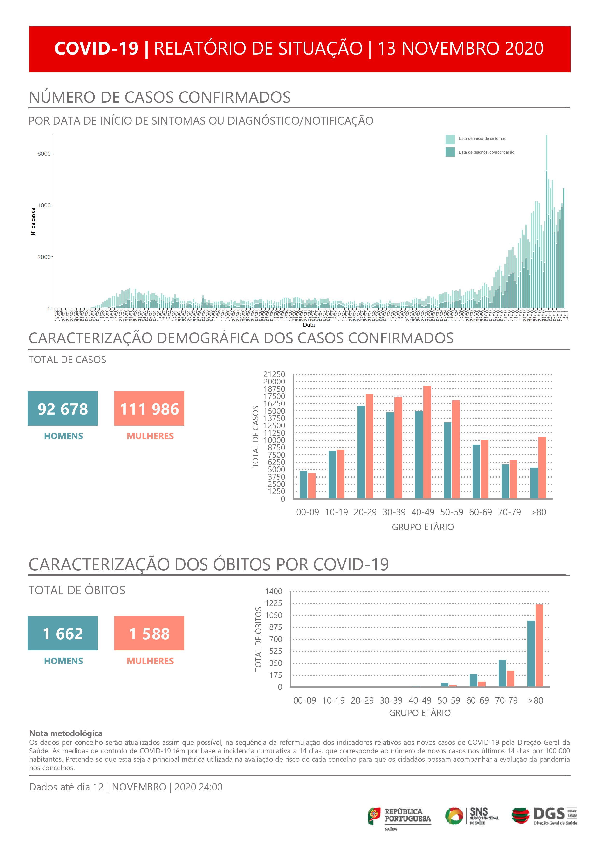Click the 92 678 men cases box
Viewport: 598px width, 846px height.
point(63,408)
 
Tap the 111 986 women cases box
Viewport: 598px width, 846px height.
point(149,408)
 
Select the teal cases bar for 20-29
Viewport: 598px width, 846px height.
point(361,452)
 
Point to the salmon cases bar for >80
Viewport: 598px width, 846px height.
point(542,468)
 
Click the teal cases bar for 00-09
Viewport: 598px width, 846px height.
point(303,485)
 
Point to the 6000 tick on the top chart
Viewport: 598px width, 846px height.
point(44,154)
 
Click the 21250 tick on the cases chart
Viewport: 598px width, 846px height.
point(274,374)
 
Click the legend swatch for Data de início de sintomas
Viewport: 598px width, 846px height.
point(450,139)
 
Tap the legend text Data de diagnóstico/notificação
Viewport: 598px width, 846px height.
point(486,152)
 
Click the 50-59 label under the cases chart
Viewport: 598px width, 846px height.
point(452,512)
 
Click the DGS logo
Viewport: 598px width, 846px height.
point(544,816)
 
